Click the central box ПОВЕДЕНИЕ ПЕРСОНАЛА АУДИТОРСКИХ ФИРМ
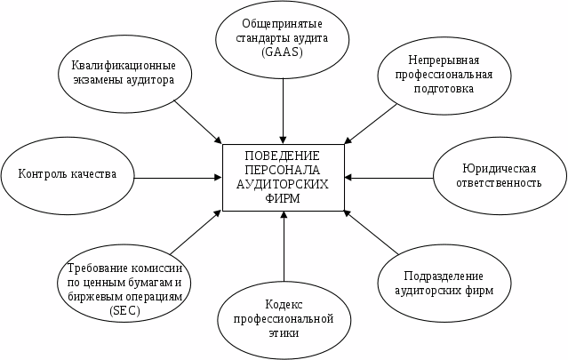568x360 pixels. coord(284,178)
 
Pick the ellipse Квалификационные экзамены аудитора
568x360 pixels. coord(123,72)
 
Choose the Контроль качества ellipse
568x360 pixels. coord(68,173)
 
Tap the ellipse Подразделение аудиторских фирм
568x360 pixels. coord(444,282)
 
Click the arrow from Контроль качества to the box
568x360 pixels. coord(178,178)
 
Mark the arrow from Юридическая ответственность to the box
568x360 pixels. coord(389,175)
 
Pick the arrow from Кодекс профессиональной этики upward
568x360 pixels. coord(283,249)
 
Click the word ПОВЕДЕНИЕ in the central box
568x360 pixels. coord(284,156)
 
